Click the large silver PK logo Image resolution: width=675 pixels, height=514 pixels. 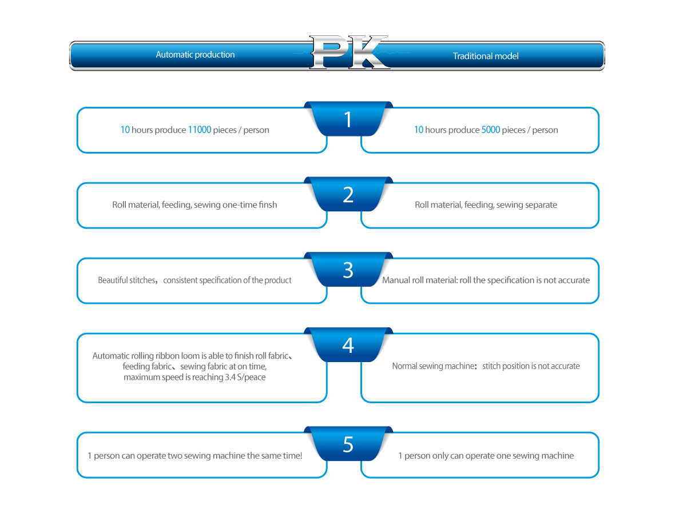pos(348,53)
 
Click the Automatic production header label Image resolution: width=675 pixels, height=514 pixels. pos(195,55)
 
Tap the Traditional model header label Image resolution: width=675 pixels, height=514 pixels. pos(486,56)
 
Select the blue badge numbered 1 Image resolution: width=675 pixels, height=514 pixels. pos(348,119)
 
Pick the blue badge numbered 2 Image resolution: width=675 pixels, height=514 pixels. pos(348,195)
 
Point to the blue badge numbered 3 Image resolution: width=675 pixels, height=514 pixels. pos(348,270)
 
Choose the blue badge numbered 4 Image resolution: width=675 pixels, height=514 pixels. pos(348,346)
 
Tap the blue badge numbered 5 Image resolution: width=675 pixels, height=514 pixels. pos(348,444)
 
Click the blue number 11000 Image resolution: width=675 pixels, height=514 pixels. pos(199,130)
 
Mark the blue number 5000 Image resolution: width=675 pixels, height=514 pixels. pos(490,130)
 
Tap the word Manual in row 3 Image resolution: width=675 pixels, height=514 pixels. pos(395,280)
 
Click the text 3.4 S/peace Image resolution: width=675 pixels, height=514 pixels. pos(245,378)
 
